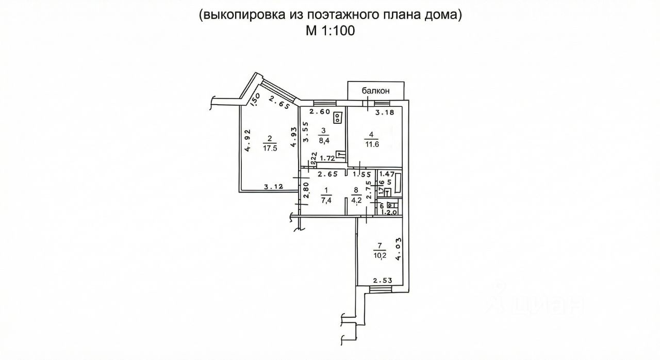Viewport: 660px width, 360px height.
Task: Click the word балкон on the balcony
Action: (375, 91)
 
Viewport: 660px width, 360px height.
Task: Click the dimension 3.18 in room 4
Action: (385, 112)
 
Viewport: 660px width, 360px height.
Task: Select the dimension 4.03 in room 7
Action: (399, 249)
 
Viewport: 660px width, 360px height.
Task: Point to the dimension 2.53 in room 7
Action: (383, 281)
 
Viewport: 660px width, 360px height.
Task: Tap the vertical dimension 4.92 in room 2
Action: (248, 140)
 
